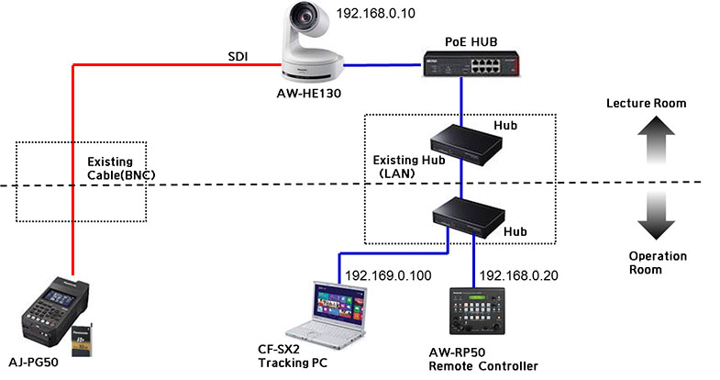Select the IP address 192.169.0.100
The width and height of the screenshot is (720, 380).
[389, 274]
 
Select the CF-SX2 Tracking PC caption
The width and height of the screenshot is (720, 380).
[288, 356]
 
